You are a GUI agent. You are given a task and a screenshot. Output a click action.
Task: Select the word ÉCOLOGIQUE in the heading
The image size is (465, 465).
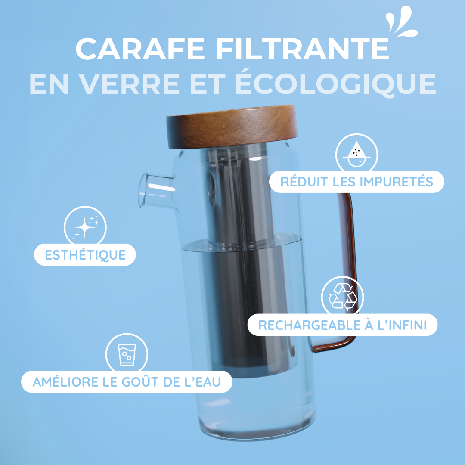[335, 84]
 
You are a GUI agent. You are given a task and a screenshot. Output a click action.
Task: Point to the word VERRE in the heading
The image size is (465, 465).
[128, 84]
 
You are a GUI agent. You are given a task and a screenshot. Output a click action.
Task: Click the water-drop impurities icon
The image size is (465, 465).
[356, 154]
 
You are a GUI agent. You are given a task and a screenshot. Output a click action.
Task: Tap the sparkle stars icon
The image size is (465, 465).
[85, 226]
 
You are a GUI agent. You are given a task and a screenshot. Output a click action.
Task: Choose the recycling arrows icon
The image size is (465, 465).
[342, 297]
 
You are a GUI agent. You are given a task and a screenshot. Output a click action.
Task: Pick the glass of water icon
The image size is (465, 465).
[127, 354]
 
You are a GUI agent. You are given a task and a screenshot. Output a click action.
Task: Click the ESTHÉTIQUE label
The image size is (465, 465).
[85, 255]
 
